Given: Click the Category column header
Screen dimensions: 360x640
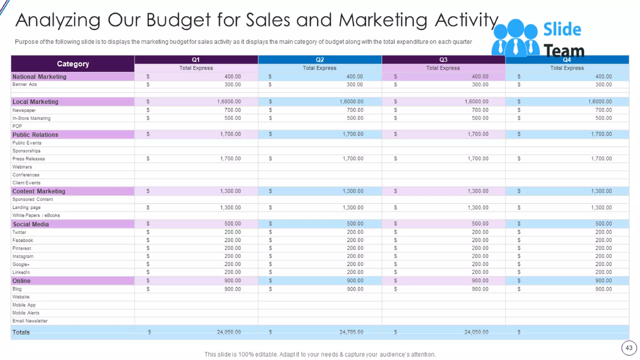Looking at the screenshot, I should tap(73, 64).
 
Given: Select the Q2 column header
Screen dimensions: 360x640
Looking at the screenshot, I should tap(320, 60).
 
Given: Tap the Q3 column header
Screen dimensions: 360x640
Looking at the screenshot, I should tap(443, 60).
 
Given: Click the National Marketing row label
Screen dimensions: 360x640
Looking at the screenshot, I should tap(39, 77).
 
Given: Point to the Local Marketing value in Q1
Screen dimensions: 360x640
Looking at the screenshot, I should tap(229, 102).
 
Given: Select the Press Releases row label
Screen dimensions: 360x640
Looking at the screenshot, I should tap(29, 159).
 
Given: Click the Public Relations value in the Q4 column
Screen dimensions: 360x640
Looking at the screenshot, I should tap(601, 134).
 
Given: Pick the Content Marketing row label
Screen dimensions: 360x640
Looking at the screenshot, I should tap(39, 191).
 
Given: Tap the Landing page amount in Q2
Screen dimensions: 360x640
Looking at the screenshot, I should tap(353, 207).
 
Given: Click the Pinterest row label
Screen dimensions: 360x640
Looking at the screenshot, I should tap(22, 248).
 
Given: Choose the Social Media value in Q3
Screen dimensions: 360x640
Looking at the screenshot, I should tap(480, 224).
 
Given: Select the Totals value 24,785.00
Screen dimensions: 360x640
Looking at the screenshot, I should tap(351, 332).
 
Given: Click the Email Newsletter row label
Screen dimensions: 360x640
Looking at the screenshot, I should tap(30, 321).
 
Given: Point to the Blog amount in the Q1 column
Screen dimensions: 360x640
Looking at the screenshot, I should tap(232, 289).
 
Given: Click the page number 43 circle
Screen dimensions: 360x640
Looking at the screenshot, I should tap(629, 348).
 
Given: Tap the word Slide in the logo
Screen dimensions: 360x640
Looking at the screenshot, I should tap(562, 30).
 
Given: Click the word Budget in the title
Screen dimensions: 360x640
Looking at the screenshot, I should tap(178, 20).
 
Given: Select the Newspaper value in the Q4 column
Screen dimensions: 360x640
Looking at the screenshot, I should tap(603, 110).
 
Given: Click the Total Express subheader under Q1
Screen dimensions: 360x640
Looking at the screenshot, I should tap(196, 68).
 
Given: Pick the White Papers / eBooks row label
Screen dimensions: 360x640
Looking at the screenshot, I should tap(36, 215).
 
